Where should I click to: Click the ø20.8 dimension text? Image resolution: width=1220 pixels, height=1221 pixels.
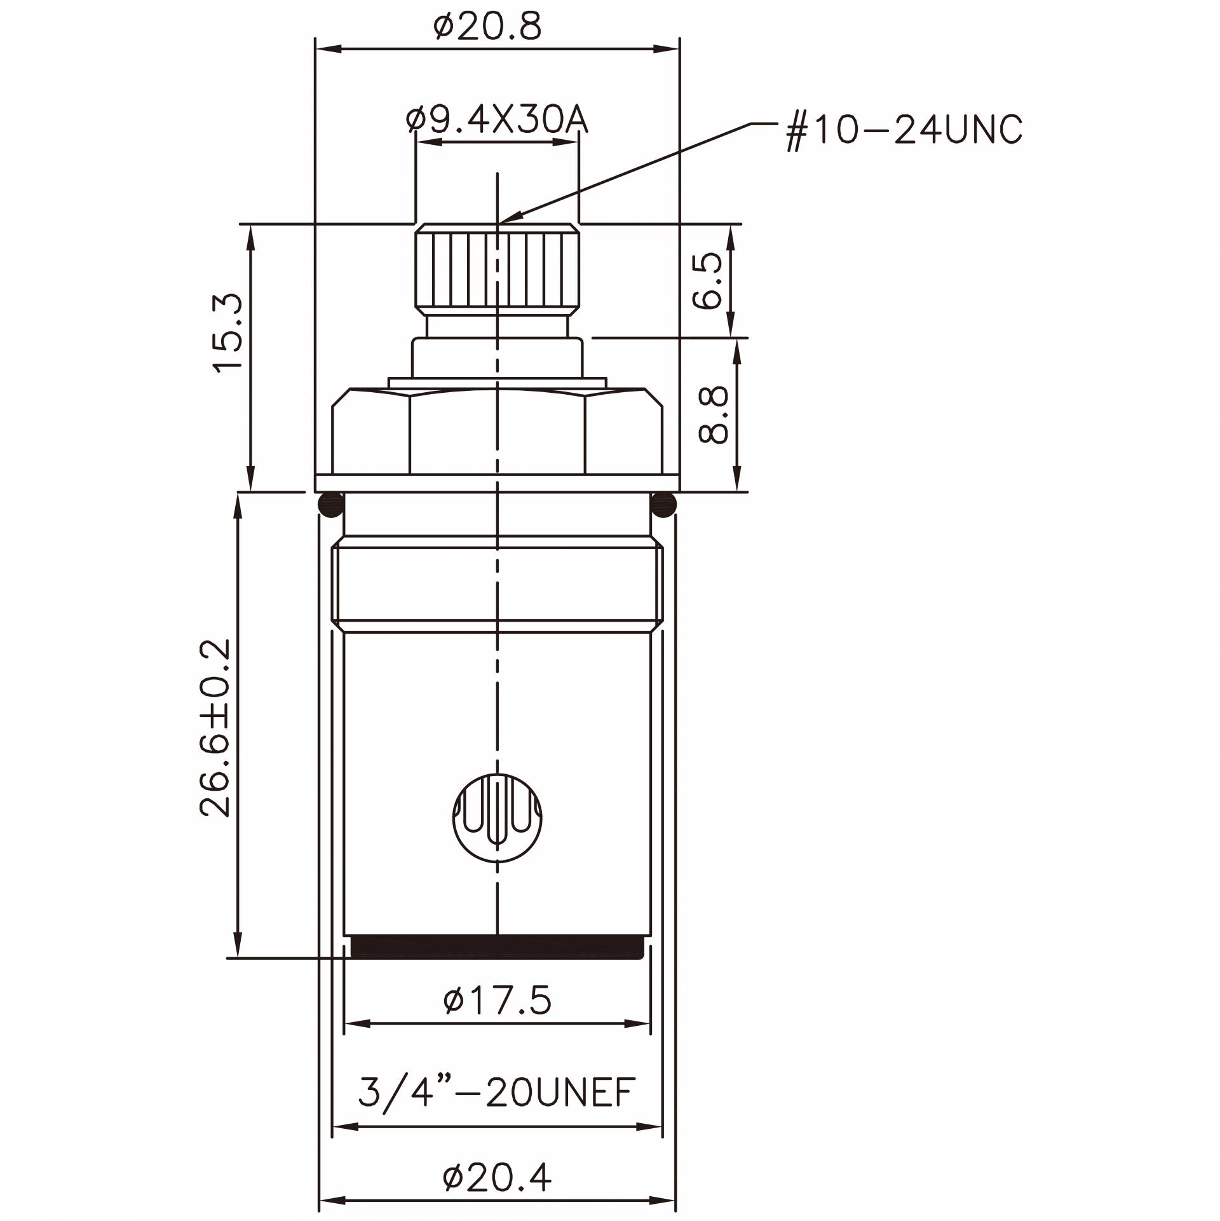coord(487,27)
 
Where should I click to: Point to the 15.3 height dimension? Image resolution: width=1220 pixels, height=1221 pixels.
coord(229,332)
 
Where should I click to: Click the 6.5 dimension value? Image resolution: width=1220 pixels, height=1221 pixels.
coord(708,280)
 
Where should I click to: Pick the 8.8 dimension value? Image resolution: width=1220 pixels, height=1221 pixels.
coord(712,416)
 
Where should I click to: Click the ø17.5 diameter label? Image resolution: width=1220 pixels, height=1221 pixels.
coord(497,1000)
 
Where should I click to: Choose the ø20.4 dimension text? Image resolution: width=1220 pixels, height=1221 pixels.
coord(497,1178)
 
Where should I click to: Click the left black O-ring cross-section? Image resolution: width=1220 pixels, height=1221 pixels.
coord(330,505)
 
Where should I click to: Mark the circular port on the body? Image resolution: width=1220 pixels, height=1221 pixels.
coord(498,817)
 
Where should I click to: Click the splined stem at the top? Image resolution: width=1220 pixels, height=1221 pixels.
coord(498,270)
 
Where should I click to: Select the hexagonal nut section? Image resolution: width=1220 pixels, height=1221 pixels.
coord(497,432)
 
